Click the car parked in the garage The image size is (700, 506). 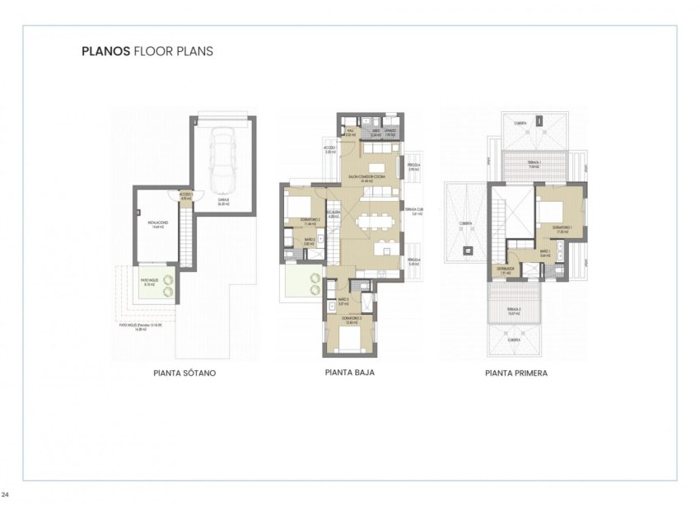(222, 157)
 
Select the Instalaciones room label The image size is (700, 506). (159, 224)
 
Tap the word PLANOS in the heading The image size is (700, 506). (105, 50)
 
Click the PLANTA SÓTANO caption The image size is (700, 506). (184, 372)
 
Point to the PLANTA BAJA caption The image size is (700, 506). (350, 372)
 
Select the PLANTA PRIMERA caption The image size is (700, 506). (516, 372)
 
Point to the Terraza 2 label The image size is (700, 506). (516, 311)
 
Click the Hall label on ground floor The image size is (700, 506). (350, 131)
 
